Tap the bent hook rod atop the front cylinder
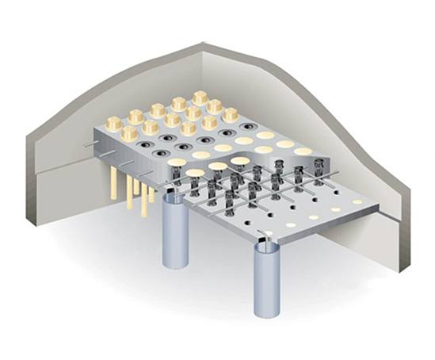coord(265,236)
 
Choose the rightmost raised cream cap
coord(230,113)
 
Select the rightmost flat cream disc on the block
coord(303,151)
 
